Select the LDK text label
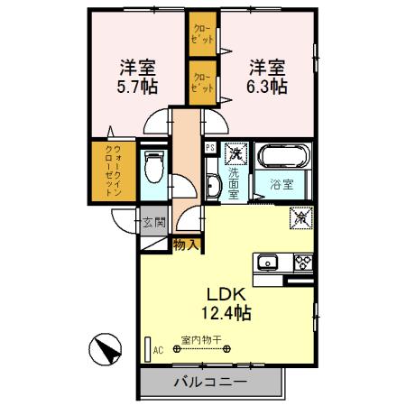[227, 294]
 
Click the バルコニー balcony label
[209, 383]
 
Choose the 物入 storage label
[187, 244]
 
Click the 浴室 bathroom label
[281, 185]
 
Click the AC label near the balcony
[158, 350]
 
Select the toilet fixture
[154, 168]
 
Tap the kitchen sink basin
[268, 263]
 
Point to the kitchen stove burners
[301, 263]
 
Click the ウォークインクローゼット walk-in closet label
[115, 171]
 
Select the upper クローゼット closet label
[201, 36]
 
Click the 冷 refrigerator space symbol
[301, 217]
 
